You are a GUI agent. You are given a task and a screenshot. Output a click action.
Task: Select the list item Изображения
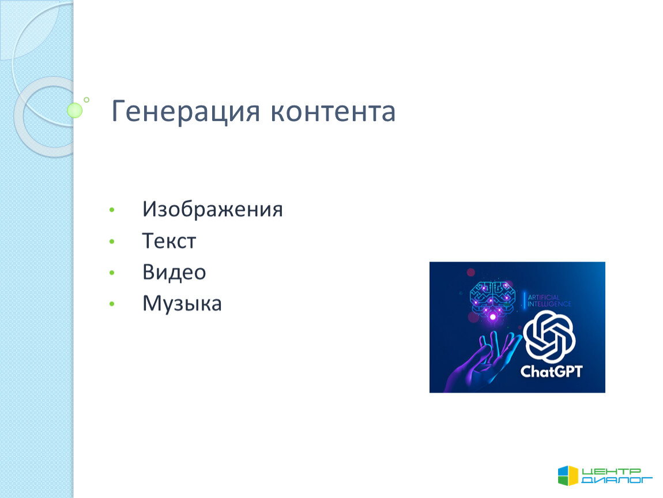[212, 209]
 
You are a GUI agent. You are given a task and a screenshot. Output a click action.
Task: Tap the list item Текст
[169, 240]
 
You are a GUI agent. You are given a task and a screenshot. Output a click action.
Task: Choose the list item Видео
[174, 272]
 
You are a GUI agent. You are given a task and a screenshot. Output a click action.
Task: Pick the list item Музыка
[182, 304]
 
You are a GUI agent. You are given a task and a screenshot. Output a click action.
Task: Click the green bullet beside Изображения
[112, 210]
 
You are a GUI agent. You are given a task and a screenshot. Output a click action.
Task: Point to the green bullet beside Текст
[112, 242]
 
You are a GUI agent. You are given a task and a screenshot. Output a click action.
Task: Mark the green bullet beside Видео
[112, 273]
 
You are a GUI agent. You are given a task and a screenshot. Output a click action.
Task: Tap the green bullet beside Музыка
[112, 304]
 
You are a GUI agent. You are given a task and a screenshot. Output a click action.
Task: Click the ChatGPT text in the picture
[551, 371]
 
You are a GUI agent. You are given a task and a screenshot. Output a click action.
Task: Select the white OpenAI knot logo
[549, 337]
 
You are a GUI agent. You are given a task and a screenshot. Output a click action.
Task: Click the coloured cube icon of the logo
[568, 476]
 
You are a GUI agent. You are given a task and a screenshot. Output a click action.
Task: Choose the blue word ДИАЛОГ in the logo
[617, 480]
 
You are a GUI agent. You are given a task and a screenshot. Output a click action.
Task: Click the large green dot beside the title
[75, 110]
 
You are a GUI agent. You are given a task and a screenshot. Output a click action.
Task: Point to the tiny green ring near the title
[86, 100]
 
